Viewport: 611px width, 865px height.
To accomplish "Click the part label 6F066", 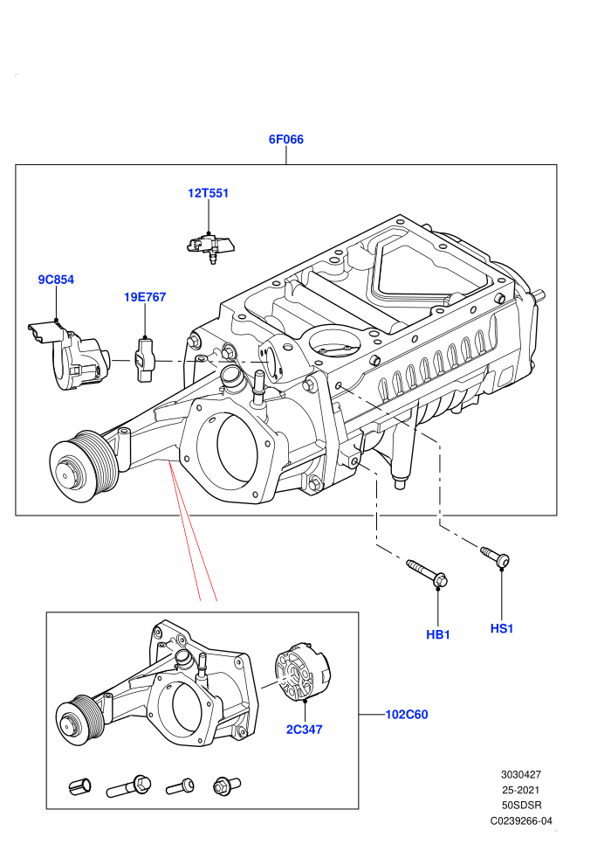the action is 286,139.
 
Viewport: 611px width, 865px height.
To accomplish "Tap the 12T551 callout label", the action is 208,193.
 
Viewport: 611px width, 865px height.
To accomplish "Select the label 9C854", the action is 56,280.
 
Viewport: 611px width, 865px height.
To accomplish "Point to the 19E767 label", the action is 144,297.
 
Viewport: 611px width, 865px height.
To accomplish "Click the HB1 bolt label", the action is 438,634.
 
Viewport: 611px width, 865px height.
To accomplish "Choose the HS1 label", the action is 501,628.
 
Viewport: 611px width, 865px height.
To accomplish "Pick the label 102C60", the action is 406,715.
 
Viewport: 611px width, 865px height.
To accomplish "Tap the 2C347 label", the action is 304,730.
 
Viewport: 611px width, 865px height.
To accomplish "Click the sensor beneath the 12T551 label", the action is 209,247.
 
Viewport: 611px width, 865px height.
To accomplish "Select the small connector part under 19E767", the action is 145,360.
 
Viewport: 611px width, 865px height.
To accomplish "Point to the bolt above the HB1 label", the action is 427,572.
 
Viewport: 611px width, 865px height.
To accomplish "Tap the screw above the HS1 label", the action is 495,556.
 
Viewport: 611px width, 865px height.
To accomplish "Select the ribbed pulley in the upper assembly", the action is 84,467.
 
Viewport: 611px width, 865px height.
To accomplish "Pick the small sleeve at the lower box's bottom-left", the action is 80,785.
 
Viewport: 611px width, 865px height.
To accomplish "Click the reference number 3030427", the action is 520,774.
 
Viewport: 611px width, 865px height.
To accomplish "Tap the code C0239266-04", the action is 521,820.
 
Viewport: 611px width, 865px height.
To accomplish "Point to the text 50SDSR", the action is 521,806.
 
